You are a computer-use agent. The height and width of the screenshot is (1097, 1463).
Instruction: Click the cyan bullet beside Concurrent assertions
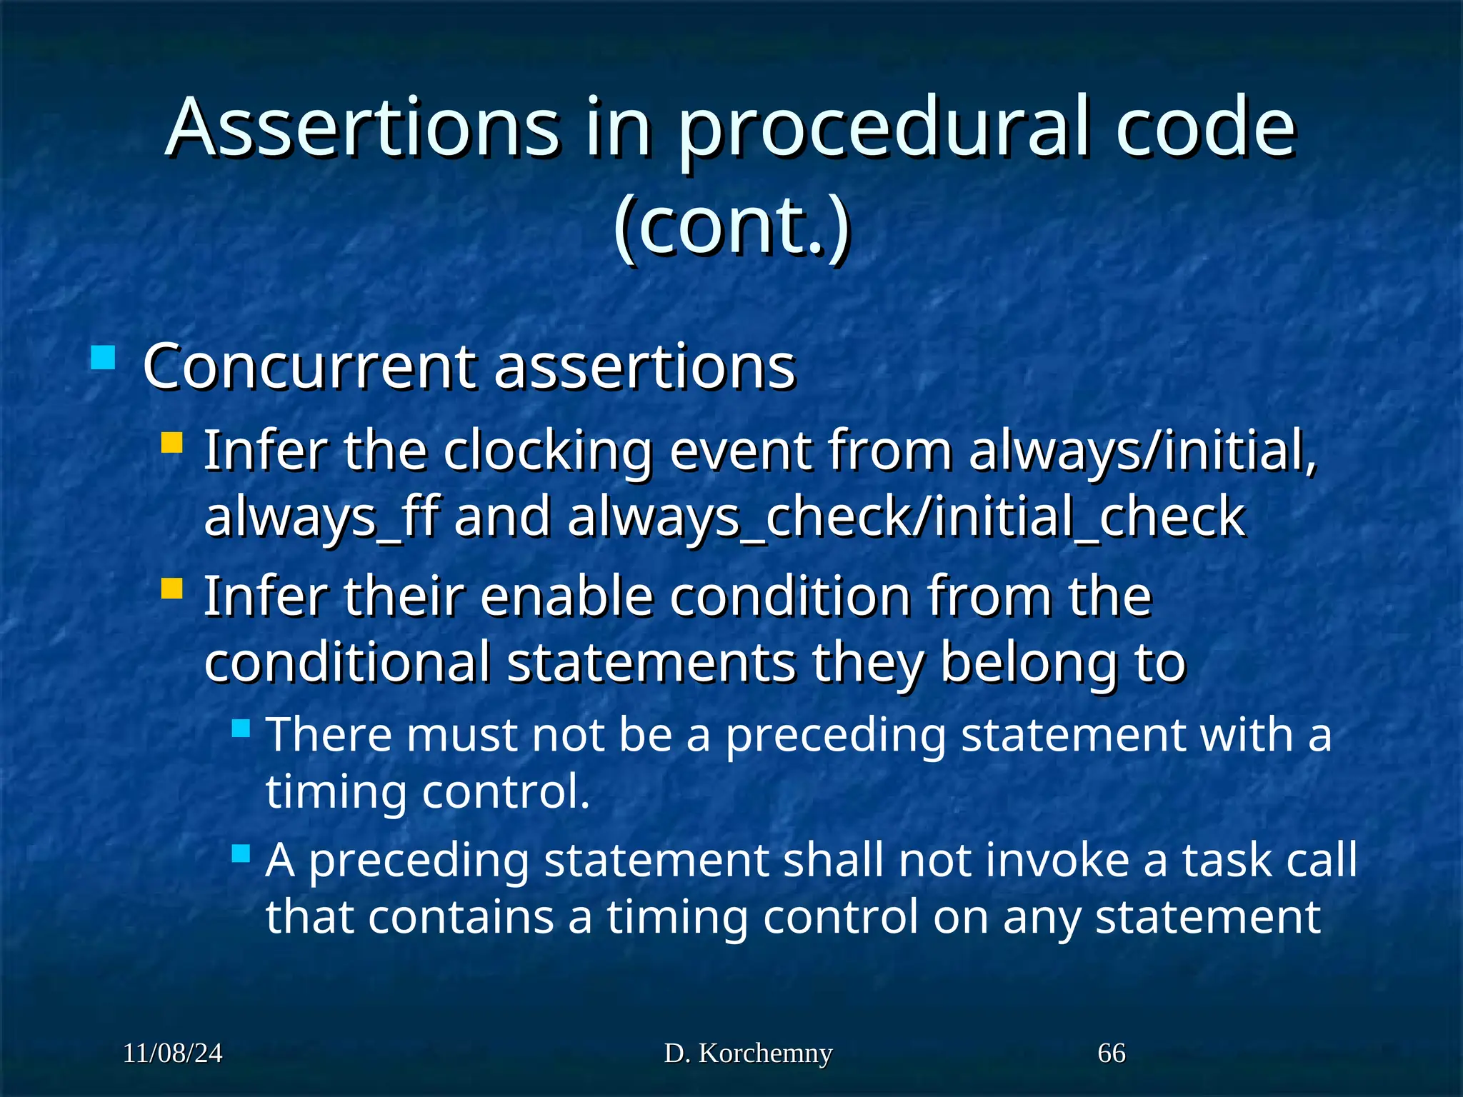[104, 357]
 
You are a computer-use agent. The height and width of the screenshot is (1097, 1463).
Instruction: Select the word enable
[566, 596]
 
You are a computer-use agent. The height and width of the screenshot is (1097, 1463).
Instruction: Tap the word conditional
[347, 662]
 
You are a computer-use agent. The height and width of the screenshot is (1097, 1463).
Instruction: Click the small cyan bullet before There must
[241, 728]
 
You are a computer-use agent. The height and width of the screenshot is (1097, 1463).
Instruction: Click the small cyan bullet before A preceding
[241, 853]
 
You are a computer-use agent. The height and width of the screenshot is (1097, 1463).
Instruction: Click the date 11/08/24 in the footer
[173, 1053]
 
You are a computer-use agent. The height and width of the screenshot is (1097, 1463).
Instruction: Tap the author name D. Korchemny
[748, 1053]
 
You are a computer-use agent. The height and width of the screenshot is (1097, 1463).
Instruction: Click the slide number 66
[1112, 1053]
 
